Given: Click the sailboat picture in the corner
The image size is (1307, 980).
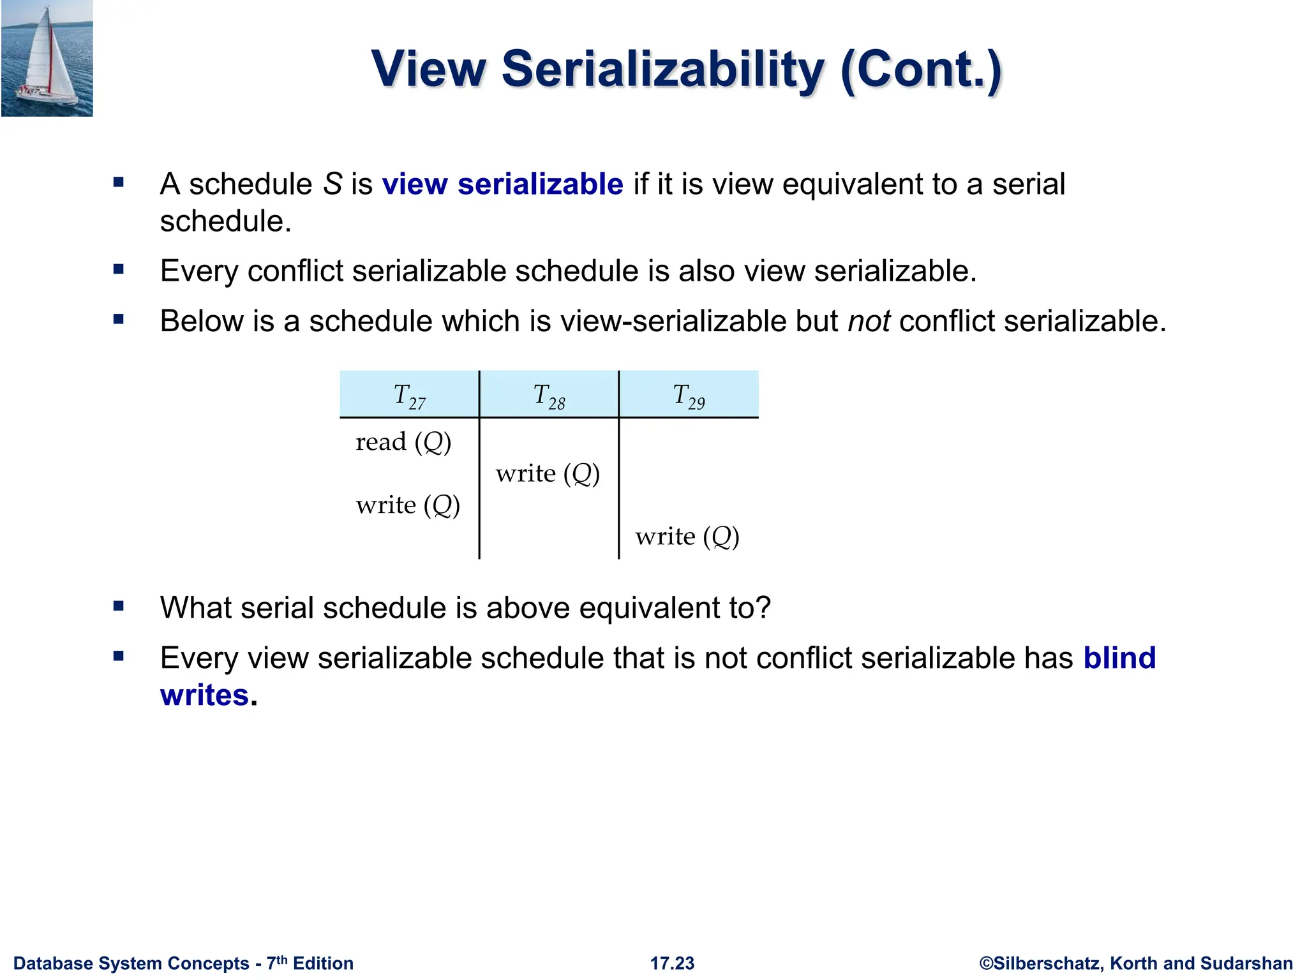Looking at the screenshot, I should [x=47, y=59].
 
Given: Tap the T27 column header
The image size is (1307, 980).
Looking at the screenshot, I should [x=409, y=396].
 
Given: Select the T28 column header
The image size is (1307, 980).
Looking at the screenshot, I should [x=549, y=396].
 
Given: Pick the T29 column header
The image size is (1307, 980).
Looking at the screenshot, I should [x=689, y=396].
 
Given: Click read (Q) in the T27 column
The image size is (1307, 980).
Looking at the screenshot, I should [x=403, y=442].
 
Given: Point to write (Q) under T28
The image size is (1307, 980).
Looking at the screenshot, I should [x=548, y=473].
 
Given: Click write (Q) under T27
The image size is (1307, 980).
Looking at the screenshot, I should [x=408, y=505].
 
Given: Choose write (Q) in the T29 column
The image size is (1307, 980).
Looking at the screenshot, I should [x=687, y=537].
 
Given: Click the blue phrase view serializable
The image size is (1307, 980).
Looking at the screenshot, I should [x=502, y=184].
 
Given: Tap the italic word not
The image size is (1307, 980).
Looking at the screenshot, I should [x=869, y=321].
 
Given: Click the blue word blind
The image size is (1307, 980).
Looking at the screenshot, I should [x=1119, y=658].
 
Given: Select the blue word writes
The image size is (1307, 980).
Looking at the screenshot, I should [x=204, y=695].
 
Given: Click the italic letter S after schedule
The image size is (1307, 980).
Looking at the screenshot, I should [x=332, y=184].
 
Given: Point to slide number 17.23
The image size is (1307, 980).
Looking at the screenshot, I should [x=672, y=963].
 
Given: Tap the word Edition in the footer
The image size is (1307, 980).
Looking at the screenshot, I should [x=323, y=963].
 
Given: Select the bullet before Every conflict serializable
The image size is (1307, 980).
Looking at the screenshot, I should [x=119, y=269].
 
